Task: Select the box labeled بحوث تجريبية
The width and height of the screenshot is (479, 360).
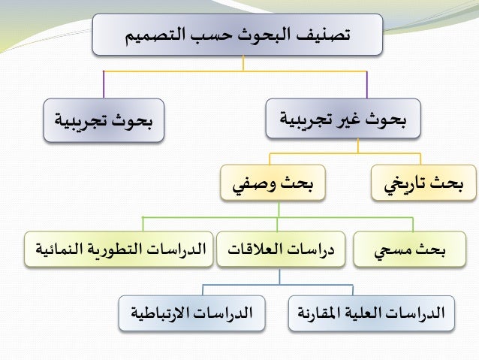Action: click(x=104, y=120)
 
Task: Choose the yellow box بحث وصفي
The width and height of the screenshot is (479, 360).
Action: click(x=273, y=183)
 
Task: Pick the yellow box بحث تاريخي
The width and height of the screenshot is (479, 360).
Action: click(x=423, y=183)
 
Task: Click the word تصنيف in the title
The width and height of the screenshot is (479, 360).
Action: click(x=324, y=35)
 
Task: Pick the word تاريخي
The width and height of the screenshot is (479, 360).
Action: click(x=405, y=183)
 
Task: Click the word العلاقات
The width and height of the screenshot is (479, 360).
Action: click(x=259, y=250)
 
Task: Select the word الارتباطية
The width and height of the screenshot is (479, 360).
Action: click(x=164, y=312)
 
